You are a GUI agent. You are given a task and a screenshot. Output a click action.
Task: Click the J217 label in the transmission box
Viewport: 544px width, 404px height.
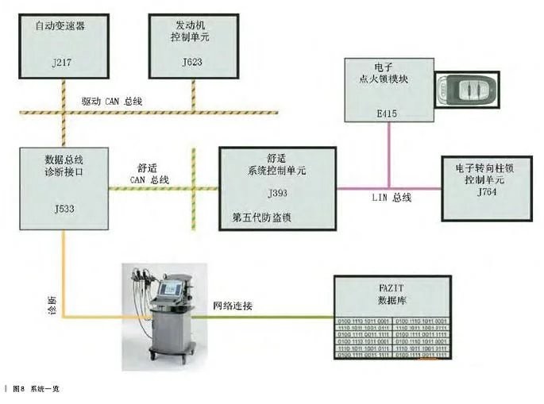60,61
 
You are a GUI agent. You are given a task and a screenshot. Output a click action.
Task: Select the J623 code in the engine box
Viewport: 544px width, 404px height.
192,61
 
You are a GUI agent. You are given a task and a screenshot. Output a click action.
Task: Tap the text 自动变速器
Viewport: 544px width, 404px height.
60,26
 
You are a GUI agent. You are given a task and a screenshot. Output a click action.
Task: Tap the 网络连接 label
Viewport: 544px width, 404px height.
233,306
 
